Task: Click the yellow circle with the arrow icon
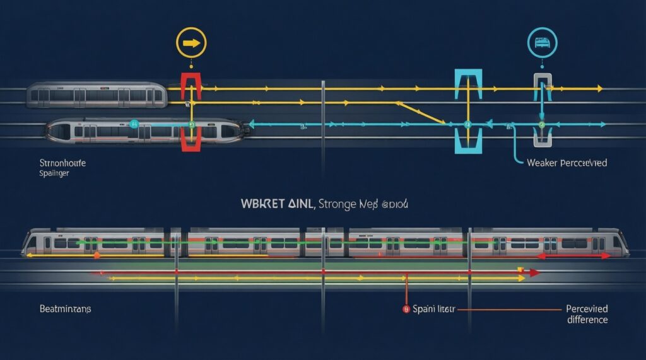click(191, 44)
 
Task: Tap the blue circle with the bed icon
click(541, 43)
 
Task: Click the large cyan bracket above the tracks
click(468, 84)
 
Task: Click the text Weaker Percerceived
click(566, 163)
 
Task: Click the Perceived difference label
click(587, 314)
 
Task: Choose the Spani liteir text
click(434, 310)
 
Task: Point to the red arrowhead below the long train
click(534, 273)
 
